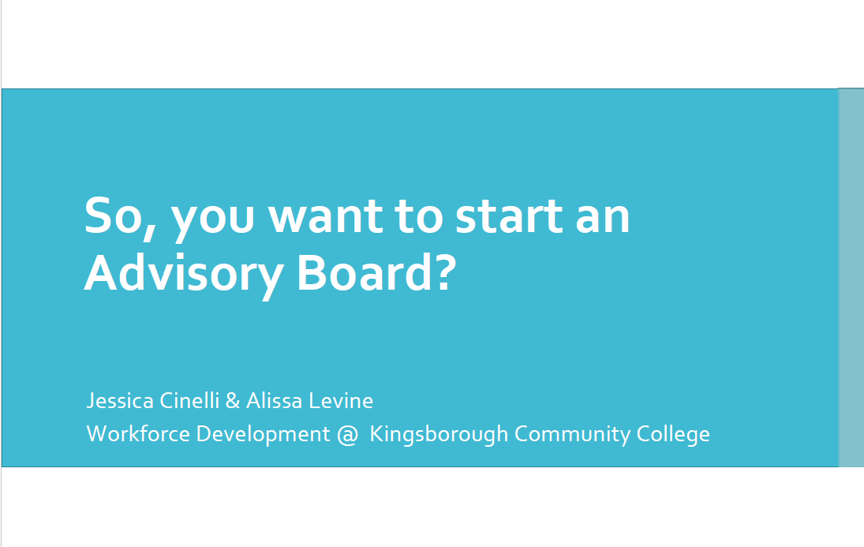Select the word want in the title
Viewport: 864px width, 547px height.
[325, 217]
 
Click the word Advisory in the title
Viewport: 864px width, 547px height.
[184, 275]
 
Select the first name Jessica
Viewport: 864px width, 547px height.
[120, 401]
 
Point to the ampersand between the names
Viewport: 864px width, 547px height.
[233, 401]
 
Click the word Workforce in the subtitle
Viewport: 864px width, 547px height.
[138, 433]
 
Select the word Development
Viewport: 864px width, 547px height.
[264, 434]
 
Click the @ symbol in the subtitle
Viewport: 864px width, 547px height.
[347, 434]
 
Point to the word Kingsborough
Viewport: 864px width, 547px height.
[439, 434]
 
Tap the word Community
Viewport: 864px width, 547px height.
[573, 434]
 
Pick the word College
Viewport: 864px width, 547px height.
[673, 434]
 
